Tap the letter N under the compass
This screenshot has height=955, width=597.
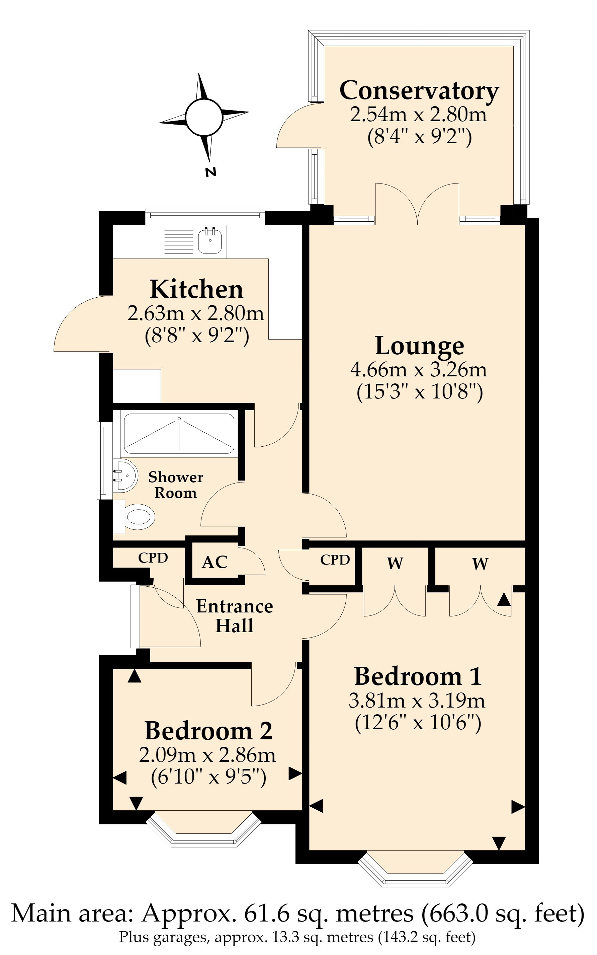tap(211, 172)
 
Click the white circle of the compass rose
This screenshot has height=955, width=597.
tap(204, 117)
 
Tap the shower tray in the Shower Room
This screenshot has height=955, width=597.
tap(179, 434)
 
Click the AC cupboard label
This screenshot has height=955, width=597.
tap(215, 562)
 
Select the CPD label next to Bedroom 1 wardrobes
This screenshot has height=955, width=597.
tap(335, 560)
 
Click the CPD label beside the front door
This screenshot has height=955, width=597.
tap(153, 558)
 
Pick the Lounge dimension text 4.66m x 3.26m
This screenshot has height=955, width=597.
tap(419, 370)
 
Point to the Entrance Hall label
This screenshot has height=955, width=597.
tap(235, 616)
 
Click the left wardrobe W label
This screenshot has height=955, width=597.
tap(395, 564)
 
